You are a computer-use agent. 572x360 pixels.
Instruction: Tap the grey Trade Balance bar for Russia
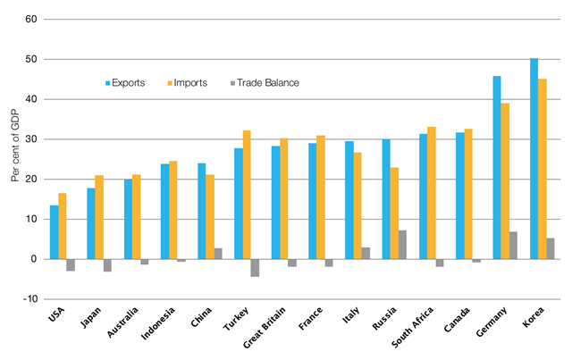(403, 245)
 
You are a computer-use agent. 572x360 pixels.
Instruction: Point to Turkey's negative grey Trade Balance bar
(255, 267)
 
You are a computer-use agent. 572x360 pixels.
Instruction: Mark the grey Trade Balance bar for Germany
(514, 246)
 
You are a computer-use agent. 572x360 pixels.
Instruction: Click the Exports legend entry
(129, 83)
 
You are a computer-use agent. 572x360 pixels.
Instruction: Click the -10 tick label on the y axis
(29, 299)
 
